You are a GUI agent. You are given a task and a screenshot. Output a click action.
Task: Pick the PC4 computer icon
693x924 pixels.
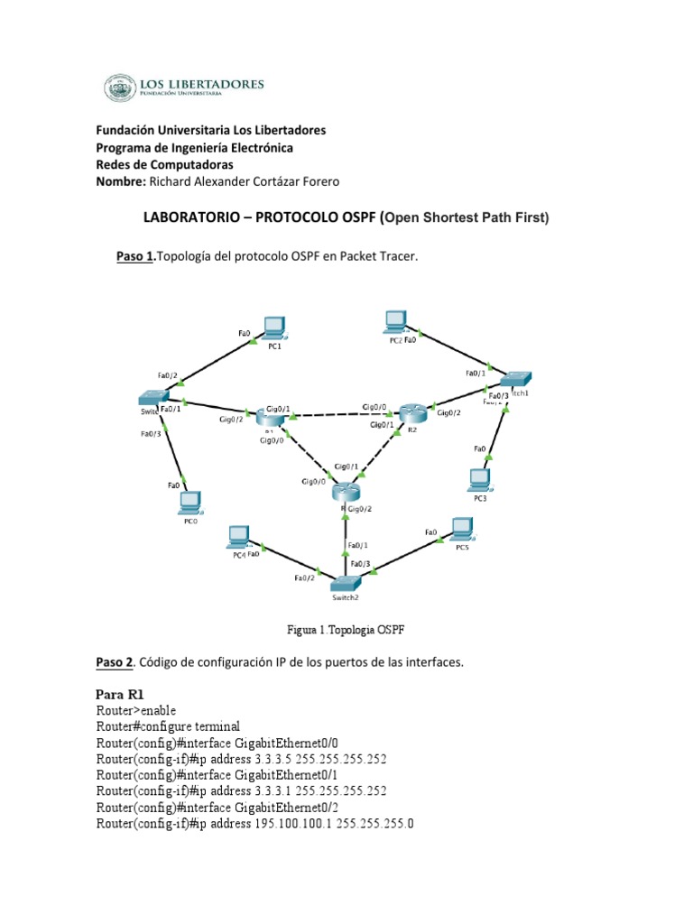[239, 537]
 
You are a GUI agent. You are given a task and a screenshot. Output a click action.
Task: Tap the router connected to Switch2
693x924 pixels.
[346, 493]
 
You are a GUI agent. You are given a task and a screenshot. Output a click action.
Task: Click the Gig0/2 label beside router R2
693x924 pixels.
[448, 413]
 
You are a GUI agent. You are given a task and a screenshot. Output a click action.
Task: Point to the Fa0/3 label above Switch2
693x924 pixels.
[360, 564]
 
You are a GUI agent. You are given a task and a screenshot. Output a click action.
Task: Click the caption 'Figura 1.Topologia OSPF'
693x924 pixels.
[346, 628]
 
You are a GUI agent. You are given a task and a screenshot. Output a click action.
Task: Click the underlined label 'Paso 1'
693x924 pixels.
[135, 257]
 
